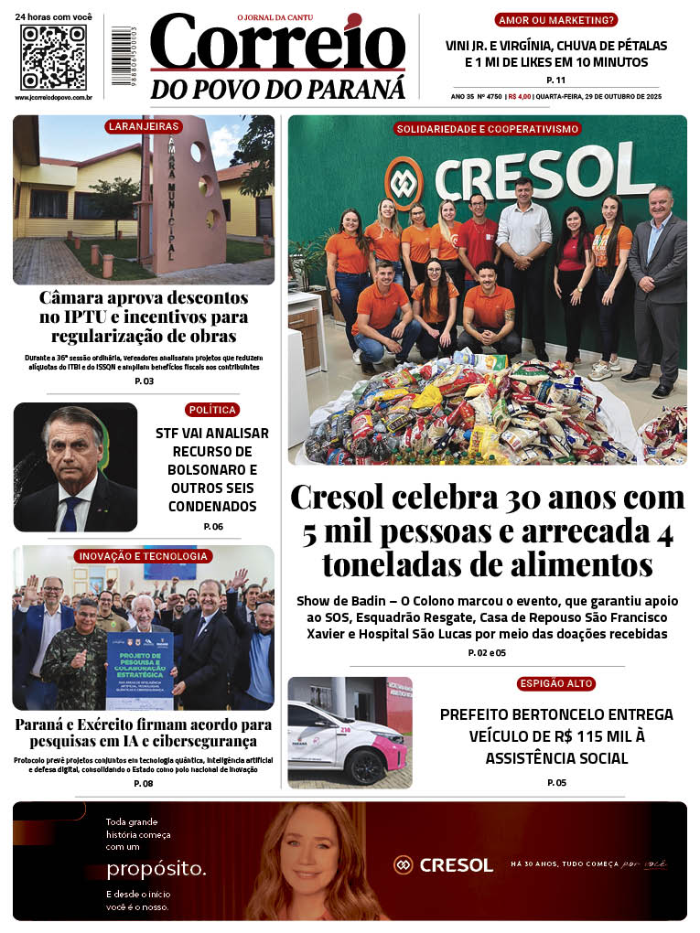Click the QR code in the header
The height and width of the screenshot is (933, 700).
pyautogui.click(x=53, y=58)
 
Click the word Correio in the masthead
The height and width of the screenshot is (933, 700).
pyautogui.click(x=277, y=43)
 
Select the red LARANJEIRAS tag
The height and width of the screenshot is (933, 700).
pyautogui.click(x=143, y=126)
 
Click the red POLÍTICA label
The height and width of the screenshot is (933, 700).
pyautogui.click(x=212, y=410)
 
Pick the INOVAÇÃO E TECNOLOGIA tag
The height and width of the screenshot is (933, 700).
pyautogui.click(x=144, y=556)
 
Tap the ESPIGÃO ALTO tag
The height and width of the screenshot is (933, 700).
pyautogui.click(x=555, y=683)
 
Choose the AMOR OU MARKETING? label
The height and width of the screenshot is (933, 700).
pyautogui.click(x=555, y=20)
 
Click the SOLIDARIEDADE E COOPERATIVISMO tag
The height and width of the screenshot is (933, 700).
pyautogui.click(x=487, y=129)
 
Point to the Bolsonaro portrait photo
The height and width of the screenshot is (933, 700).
pyautogui.click(x=75, y=467)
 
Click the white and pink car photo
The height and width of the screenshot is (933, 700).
pyautogui.click(x=350, y=732)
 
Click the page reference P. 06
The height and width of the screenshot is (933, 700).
pyautogui.click(x=212, y=527)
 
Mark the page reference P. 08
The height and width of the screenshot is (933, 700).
pyautogui.click(x=144, y=783)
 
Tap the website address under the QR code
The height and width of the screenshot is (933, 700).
pyautogui.click(x=53, y=97)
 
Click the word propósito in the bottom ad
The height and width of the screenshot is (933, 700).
pyautogui.click(x=156, y=868)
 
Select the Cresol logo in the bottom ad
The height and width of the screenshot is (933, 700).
pyautogui.click(x=444, y=864)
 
